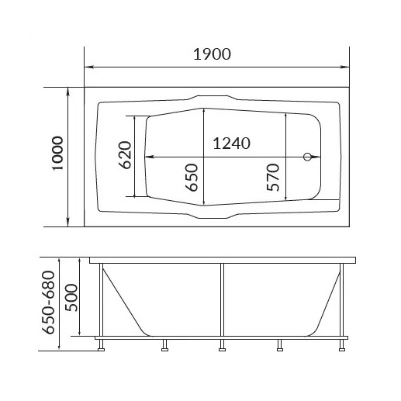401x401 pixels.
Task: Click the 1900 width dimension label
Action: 212,54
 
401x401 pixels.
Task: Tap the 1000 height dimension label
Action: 57,153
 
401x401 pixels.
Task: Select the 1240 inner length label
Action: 231,143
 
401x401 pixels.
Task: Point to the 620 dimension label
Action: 125,155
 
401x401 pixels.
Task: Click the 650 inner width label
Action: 192,178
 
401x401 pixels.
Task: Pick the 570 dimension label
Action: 273,178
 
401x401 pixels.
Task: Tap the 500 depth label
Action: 71,298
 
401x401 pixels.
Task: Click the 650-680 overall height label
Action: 49,302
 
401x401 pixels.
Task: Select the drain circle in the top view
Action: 307,157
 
